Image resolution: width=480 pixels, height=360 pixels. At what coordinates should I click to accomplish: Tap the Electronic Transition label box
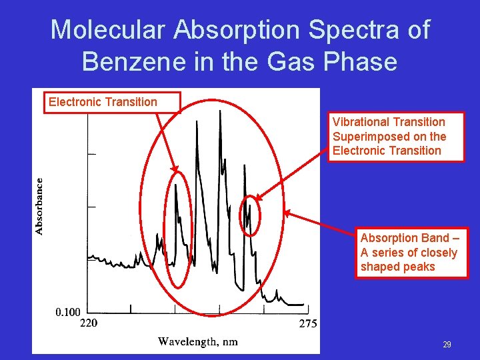click(112, 102)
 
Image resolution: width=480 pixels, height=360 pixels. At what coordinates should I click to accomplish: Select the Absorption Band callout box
click(411, 253)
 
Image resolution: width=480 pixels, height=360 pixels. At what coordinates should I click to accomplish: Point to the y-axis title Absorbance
click(39, 205)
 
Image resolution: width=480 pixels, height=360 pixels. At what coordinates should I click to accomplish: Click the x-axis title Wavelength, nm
click(197, 342)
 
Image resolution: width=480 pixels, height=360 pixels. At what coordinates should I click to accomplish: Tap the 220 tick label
click(89, 324)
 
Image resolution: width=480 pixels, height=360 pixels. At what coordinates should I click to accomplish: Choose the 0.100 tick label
click(68, 311)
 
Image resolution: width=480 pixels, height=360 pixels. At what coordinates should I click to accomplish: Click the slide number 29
click(447, 345)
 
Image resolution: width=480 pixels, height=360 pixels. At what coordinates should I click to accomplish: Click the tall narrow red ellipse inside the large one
click(178, 229)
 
